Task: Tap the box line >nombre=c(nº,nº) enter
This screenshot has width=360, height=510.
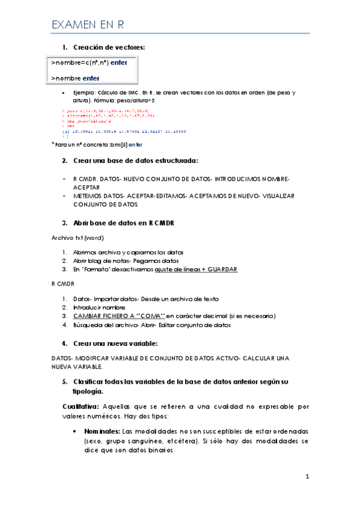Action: tap(89, 63)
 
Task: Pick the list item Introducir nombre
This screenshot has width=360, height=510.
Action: tap(97, 307)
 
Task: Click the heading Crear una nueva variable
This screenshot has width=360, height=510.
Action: tap(115, 343)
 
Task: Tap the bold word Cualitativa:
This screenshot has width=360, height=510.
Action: tap(82, 407)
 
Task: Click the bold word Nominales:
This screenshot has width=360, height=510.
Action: tap(101, 432)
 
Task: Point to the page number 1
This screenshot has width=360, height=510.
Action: tap(307, 477)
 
